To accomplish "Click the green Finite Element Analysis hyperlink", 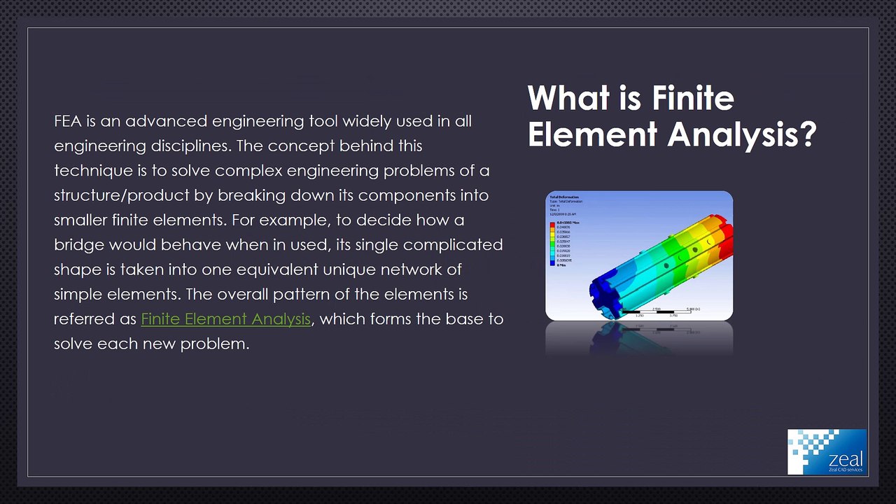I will [225, 319].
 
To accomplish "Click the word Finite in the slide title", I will [693, 98].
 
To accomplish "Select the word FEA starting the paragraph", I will [68, 121].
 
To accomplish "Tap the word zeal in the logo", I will [845, 459].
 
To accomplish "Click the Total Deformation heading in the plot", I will [564, 197].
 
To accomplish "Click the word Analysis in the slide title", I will [742, 134].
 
